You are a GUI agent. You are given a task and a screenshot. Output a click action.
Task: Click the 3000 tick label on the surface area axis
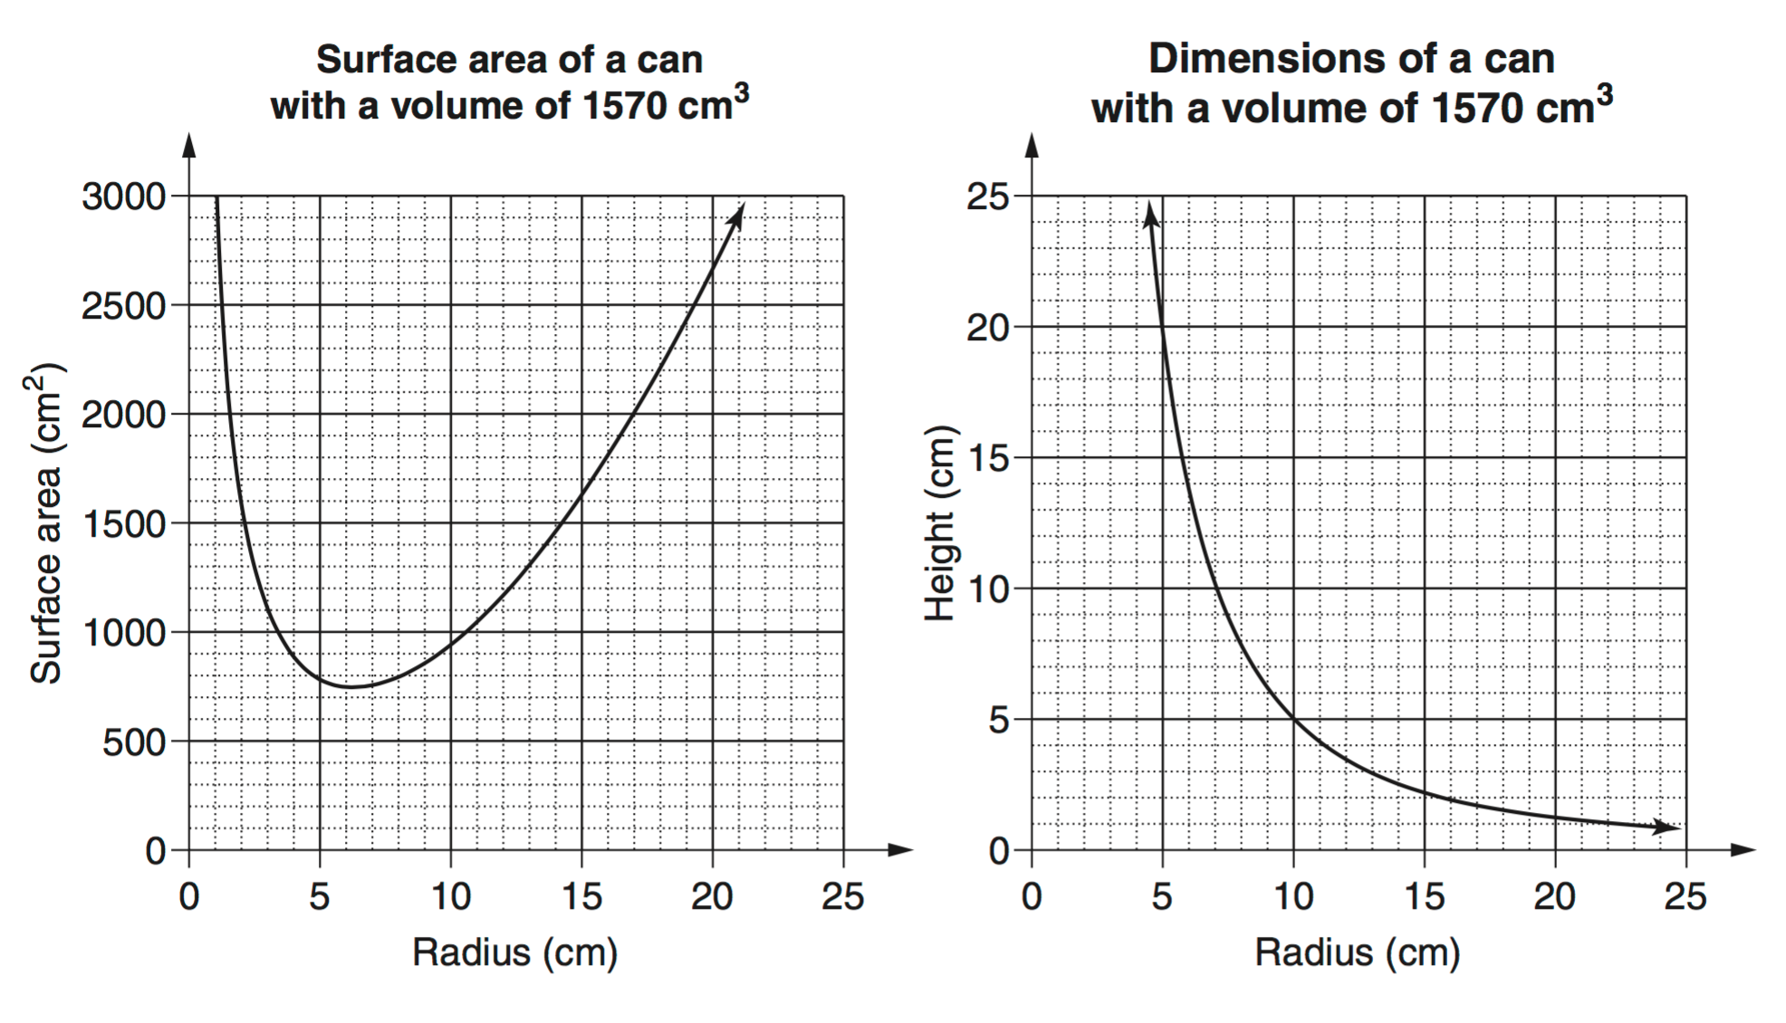point(124,196)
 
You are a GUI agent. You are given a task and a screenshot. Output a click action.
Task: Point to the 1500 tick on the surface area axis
point(124,524)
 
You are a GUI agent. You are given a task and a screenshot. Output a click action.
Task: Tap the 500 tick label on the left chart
point(134,742)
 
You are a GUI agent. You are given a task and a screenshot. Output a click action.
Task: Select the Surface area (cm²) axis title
point(45,523)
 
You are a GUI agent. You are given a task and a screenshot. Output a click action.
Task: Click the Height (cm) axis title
point(940,523)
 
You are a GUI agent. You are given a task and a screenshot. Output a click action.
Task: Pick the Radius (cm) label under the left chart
point(514,952)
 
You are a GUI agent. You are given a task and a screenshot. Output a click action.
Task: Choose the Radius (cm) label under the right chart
point(1357,952)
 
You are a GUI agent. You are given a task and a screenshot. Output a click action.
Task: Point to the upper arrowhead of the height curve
point(1150,214)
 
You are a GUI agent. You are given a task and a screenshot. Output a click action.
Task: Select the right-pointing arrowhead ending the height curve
point(1668,827)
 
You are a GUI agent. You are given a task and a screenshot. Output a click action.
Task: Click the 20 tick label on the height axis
point(987,328)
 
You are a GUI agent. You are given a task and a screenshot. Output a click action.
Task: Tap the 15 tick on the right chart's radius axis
point(1424,896)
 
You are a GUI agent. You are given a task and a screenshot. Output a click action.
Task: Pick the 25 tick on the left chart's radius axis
point(843,896)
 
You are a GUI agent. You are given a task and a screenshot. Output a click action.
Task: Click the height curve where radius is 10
point(1293,720)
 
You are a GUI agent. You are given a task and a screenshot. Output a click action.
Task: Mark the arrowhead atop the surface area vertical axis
point(188,145)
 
